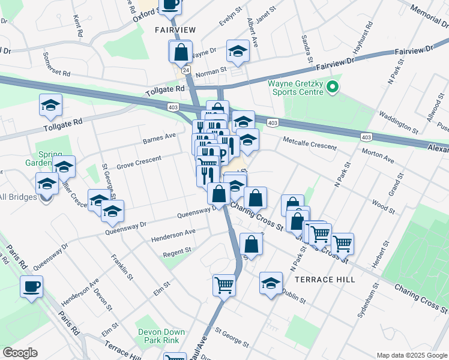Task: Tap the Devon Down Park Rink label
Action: click(158, 336)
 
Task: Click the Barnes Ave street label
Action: click(159, 139)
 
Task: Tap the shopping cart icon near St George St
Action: click(224, 284)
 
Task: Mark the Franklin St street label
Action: click(121, 266)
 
